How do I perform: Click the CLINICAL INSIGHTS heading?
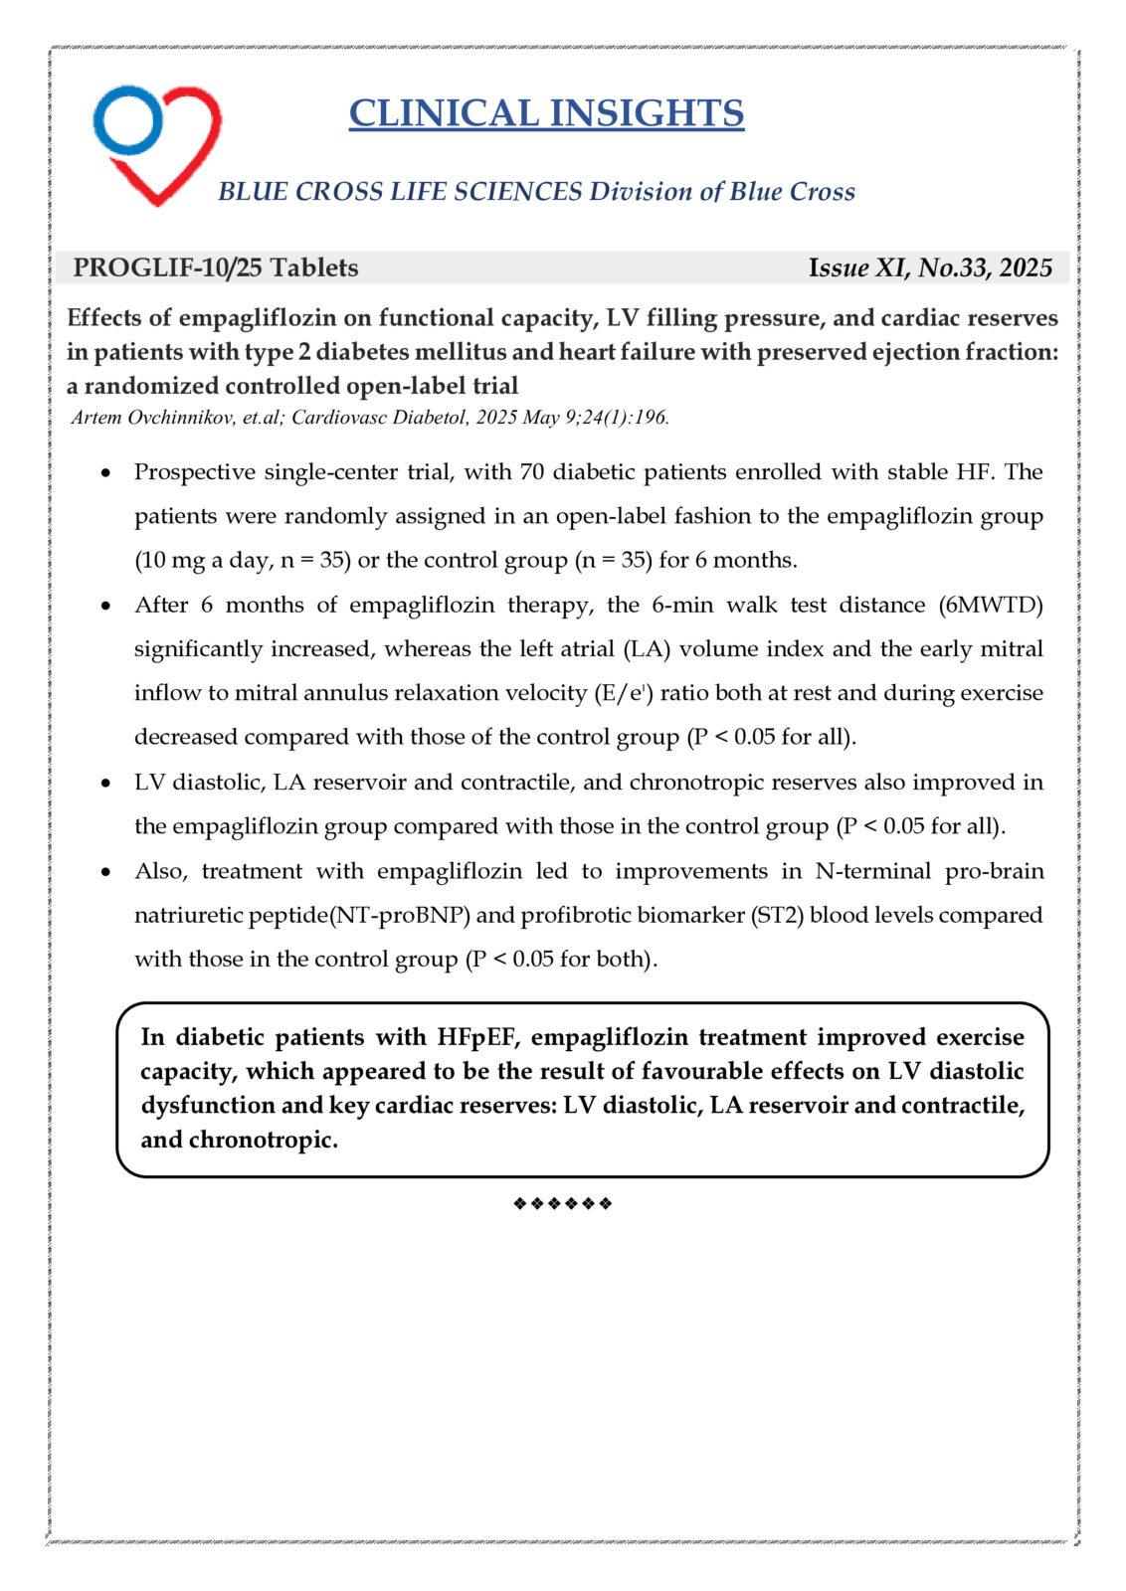546,113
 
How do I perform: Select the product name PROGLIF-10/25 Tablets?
216,267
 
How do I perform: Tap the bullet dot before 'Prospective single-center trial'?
107,473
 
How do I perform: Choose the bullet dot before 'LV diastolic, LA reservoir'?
107,784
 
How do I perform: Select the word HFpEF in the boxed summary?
473,1037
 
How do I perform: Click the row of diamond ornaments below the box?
562,1204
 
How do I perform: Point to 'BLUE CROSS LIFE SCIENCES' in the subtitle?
399,191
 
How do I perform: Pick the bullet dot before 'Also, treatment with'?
107,873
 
